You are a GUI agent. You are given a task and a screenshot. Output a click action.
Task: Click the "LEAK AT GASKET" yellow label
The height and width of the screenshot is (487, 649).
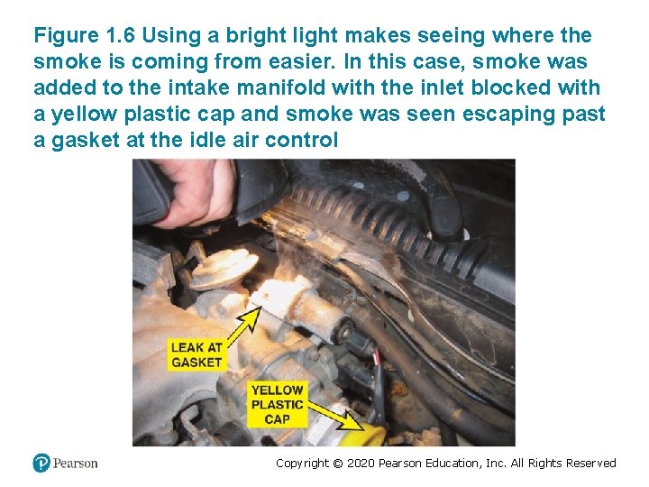point(196,354)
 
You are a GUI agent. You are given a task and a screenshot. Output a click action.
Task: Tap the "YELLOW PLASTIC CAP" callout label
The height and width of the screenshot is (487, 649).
point(277,404)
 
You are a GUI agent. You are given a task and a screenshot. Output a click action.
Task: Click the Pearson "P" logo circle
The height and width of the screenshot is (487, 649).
point(41,463)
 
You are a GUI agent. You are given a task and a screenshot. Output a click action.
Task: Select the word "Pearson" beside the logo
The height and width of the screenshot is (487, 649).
point(75,464)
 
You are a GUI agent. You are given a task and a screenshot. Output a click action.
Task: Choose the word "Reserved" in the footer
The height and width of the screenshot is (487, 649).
point(590,464)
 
